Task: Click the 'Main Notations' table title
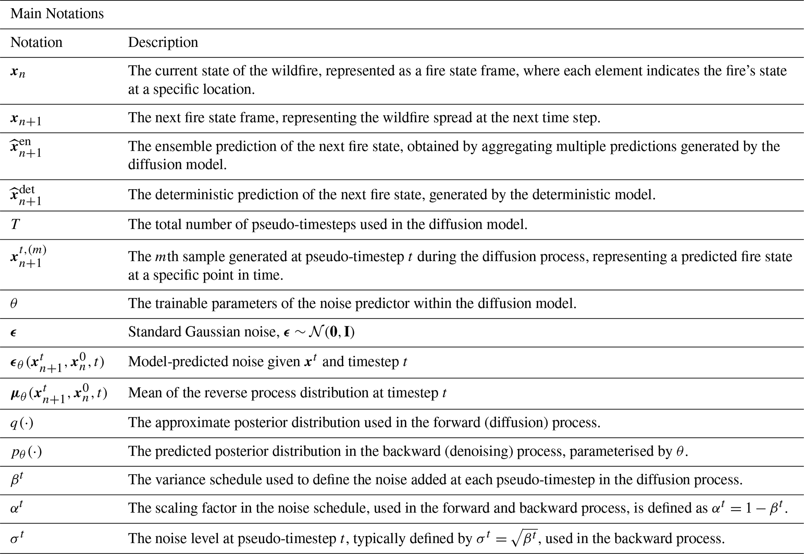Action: (x=57, y=14)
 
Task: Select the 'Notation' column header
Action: (x=36, y=42)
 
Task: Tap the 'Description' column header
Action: (x=163, y=42)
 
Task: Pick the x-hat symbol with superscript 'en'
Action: (x=26, y=147)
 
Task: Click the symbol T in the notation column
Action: (x=15, y=225)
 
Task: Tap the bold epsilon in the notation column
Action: (x=14, y=333)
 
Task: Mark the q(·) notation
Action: (x=22, y=423)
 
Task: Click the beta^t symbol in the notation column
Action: (x=17, y=480)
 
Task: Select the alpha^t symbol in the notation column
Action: (x=17, y=509)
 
